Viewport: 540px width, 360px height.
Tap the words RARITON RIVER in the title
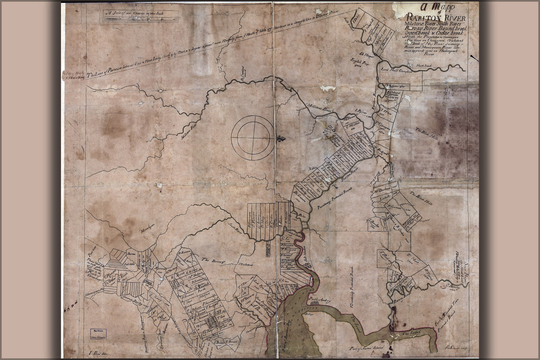tap(436, 18)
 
